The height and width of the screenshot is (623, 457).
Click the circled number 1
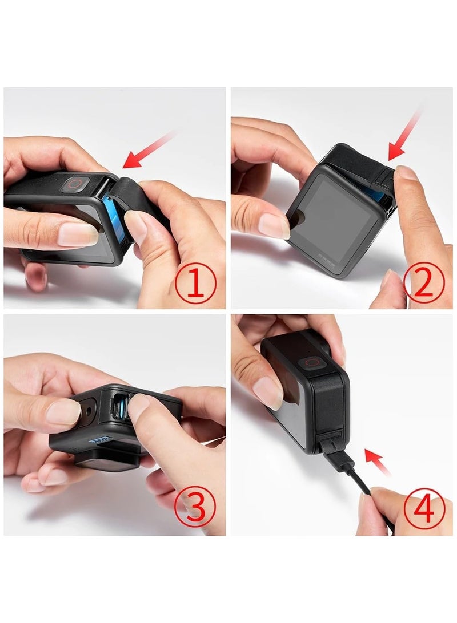point(195,284)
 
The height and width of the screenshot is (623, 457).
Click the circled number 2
point(423,284)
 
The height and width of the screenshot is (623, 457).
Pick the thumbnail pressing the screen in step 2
point(274,224)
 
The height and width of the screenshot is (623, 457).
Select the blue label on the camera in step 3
point(99,440)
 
